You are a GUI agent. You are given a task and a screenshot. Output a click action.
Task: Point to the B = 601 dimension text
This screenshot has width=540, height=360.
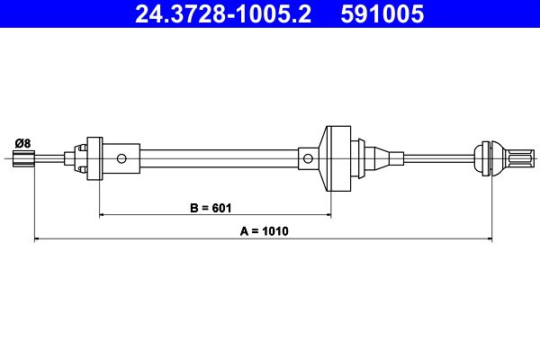click(211, 208)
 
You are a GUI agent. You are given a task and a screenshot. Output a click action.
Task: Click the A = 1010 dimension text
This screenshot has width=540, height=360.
click(263, 231)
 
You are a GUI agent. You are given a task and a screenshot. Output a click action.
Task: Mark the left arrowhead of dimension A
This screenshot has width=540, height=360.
click(38, 238)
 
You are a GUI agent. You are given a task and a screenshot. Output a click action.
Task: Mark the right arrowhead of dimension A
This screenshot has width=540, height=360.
click(489, 238)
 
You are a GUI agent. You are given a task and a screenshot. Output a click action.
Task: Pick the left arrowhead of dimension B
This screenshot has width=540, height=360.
click(103, 215)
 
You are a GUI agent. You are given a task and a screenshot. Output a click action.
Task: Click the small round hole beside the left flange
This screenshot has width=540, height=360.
click(121, 158)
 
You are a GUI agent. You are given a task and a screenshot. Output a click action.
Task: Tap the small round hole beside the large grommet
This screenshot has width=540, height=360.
click(308, 158)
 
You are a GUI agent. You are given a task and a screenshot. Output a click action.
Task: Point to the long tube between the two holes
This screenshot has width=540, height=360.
click(216, 158)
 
